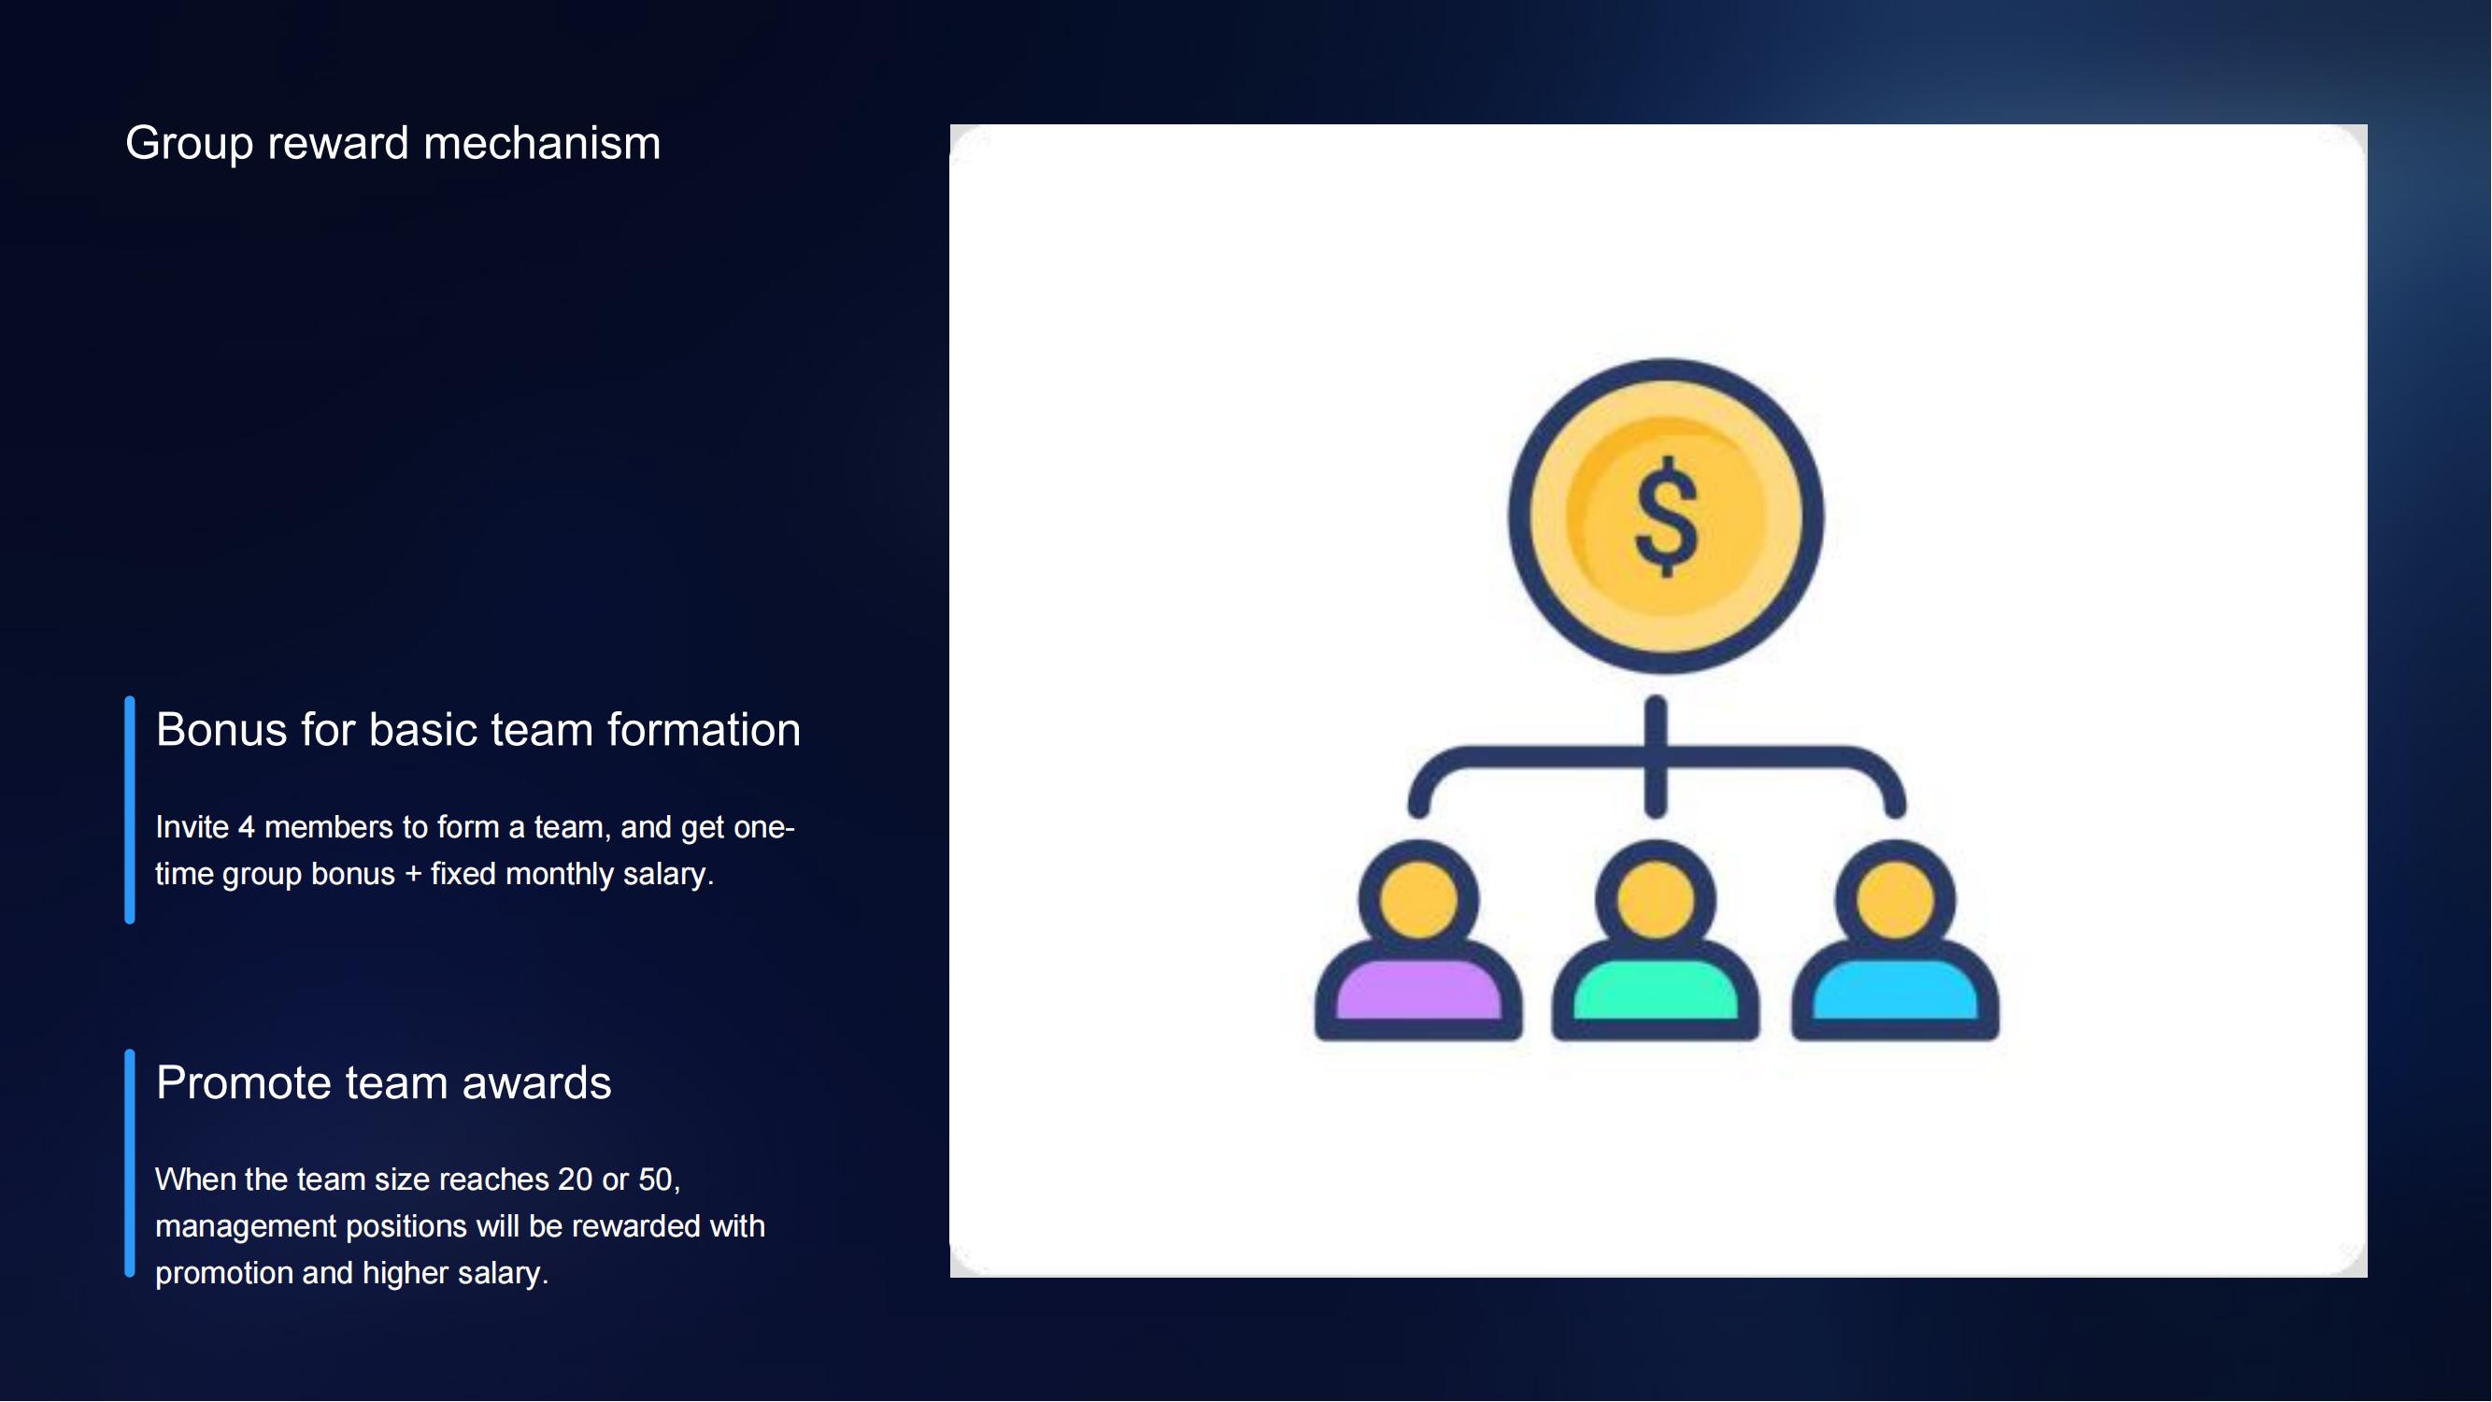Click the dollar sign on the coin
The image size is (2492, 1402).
click(1666, 517)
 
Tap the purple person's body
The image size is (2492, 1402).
click(1418, 991)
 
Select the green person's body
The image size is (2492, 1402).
click(1655, 991)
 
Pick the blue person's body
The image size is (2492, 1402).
click(1894, 991)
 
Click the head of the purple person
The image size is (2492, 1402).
click(1418, 900)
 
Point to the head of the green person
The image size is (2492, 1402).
click(1655, 900)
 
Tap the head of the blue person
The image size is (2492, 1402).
click(1894, 900)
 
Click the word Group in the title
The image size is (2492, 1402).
click(190, 144)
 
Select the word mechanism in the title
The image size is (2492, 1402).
click(542, 143)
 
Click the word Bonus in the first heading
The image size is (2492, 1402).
click(221, 730)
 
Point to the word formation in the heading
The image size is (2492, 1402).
click(704, 730)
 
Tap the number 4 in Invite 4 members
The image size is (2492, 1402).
click(247, 827)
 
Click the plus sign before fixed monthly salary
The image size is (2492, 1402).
click(413, 875)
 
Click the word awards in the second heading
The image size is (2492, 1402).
click(537, 1082)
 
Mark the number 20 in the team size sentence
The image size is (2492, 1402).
click(575, 1180)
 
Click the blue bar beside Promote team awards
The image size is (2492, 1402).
click(130, 1163)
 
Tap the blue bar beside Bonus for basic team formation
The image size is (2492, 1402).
click(130, 809)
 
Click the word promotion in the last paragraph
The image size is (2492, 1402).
click(224, 1273)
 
